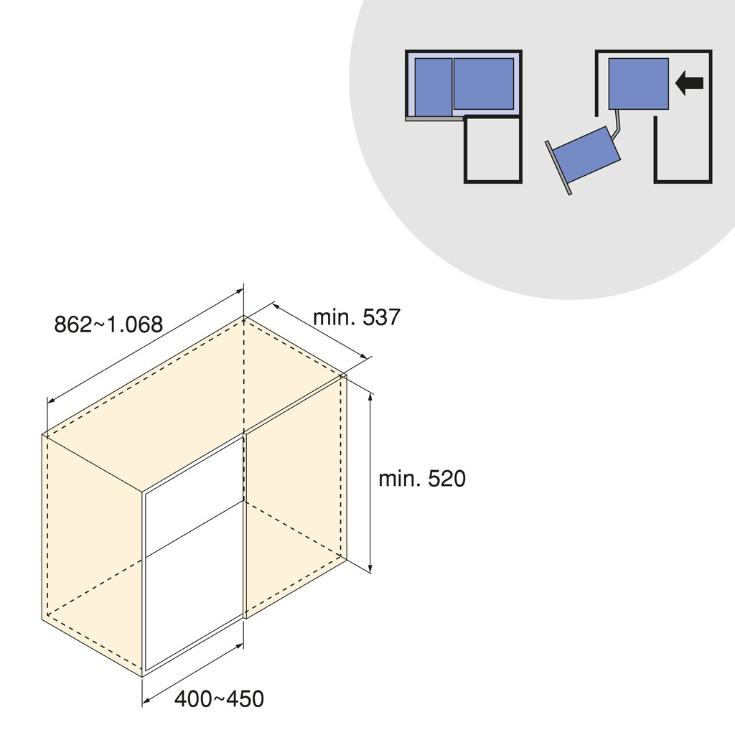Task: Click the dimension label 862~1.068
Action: click(108, 324)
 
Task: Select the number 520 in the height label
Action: click(446, 479)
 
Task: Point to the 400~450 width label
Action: click(219, 698)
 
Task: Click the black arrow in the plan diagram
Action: click(690, 83)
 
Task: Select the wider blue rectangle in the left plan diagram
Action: click(484, 83)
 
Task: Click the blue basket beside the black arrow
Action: click(638, 83)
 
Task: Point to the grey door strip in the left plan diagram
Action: click(434, 118)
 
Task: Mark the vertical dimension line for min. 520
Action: click(370, 481)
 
